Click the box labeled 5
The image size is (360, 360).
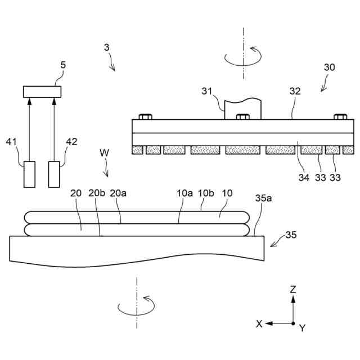pyautogui.click(x=42, y=92)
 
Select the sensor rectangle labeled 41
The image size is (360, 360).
pyautogui.click(x=29, y=174)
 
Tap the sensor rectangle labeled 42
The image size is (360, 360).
pyautogui.click(x=54, y=174)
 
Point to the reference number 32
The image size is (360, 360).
pyautogui.click(x=295, y=91)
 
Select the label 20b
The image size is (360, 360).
pyautogui.click(x=97, y=193)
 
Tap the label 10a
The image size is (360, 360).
pyautogui.click(x=185, y=193)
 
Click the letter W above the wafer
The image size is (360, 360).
pyautogui.click(x=104, y=152)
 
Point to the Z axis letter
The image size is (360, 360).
pyautogui.click(x=292, y=290)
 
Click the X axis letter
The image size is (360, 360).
pyautogui.click(x=259, y=324)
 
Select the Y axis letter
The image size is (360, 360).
pyautogui.click(x=302, y=328)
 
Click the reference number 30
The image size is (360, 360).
pyautogui.click(x=330, y=67)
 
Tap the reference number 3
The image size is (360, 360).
pyautogui.click(x=107, y=48)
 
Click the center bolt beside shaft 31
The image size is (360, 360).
pyautogui.click(x=243, y=117)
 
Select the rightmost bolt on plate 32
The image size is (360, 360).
pyautogui.click(x=340, y=117)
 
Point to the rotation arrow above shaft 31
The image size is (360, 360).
pyautogui.click(x=243, y=57)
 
